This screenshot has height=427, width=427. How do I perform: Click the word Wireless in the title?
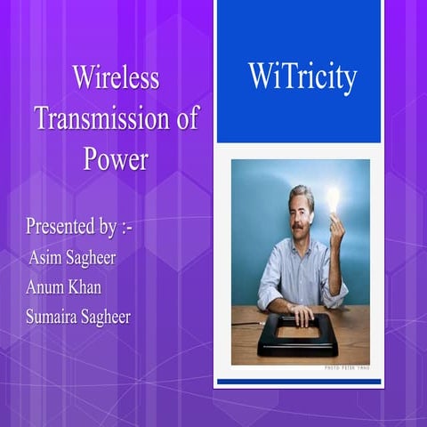point(116,78)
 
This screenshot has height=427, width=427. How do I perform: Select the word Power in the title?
point(116,159)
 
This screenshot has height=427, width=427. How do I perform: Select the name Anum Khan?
point(64,287)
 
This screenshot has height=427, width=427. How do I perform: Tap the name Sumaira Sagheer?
point(79,318)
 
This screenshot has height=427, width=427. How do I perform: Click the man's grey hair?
point(301,194)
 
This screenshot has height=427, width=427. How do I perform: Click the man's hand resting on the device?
point(302,314)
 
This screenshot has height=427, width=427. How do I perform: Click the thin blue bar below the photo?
point(299,382)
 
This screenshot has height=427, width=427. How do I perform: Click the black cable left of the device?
point(243,322)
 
